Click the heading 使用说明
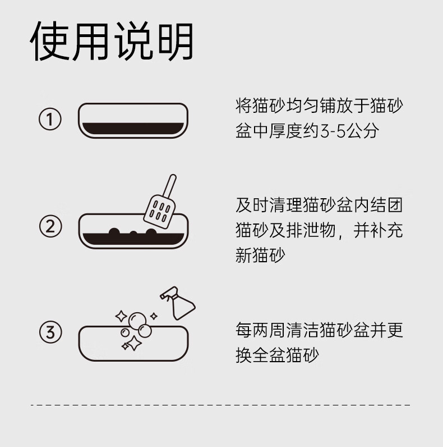click(x=112, y=41)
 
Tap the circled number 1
click(x=50, y=119)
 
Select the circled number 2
click(x=50, y=227)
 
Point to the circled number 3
click(x=50, y=332)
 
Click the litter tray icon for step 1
click(x=133, y=121)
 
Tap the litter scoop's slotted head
click(x=159, y=211)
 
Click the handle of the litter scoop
click(x=170, y=186)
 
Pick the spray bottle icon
click(x=178, y=303)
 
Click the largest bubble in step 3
click(x=137, y=321)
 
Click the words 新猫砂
click(x=260, y=255)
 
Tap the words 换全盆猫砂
click(x=277, y=355)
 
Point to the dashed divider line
click(x=220, y=405)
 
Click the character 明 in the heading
click(x=176, y=41)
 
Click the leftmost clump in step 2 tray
click(x=114, y=231)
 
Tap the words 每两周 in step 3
click(x=260, y=330)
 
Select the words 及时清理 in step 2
click(x=269, y=205)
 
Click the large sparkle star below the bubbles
click(x=134, y=343)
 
